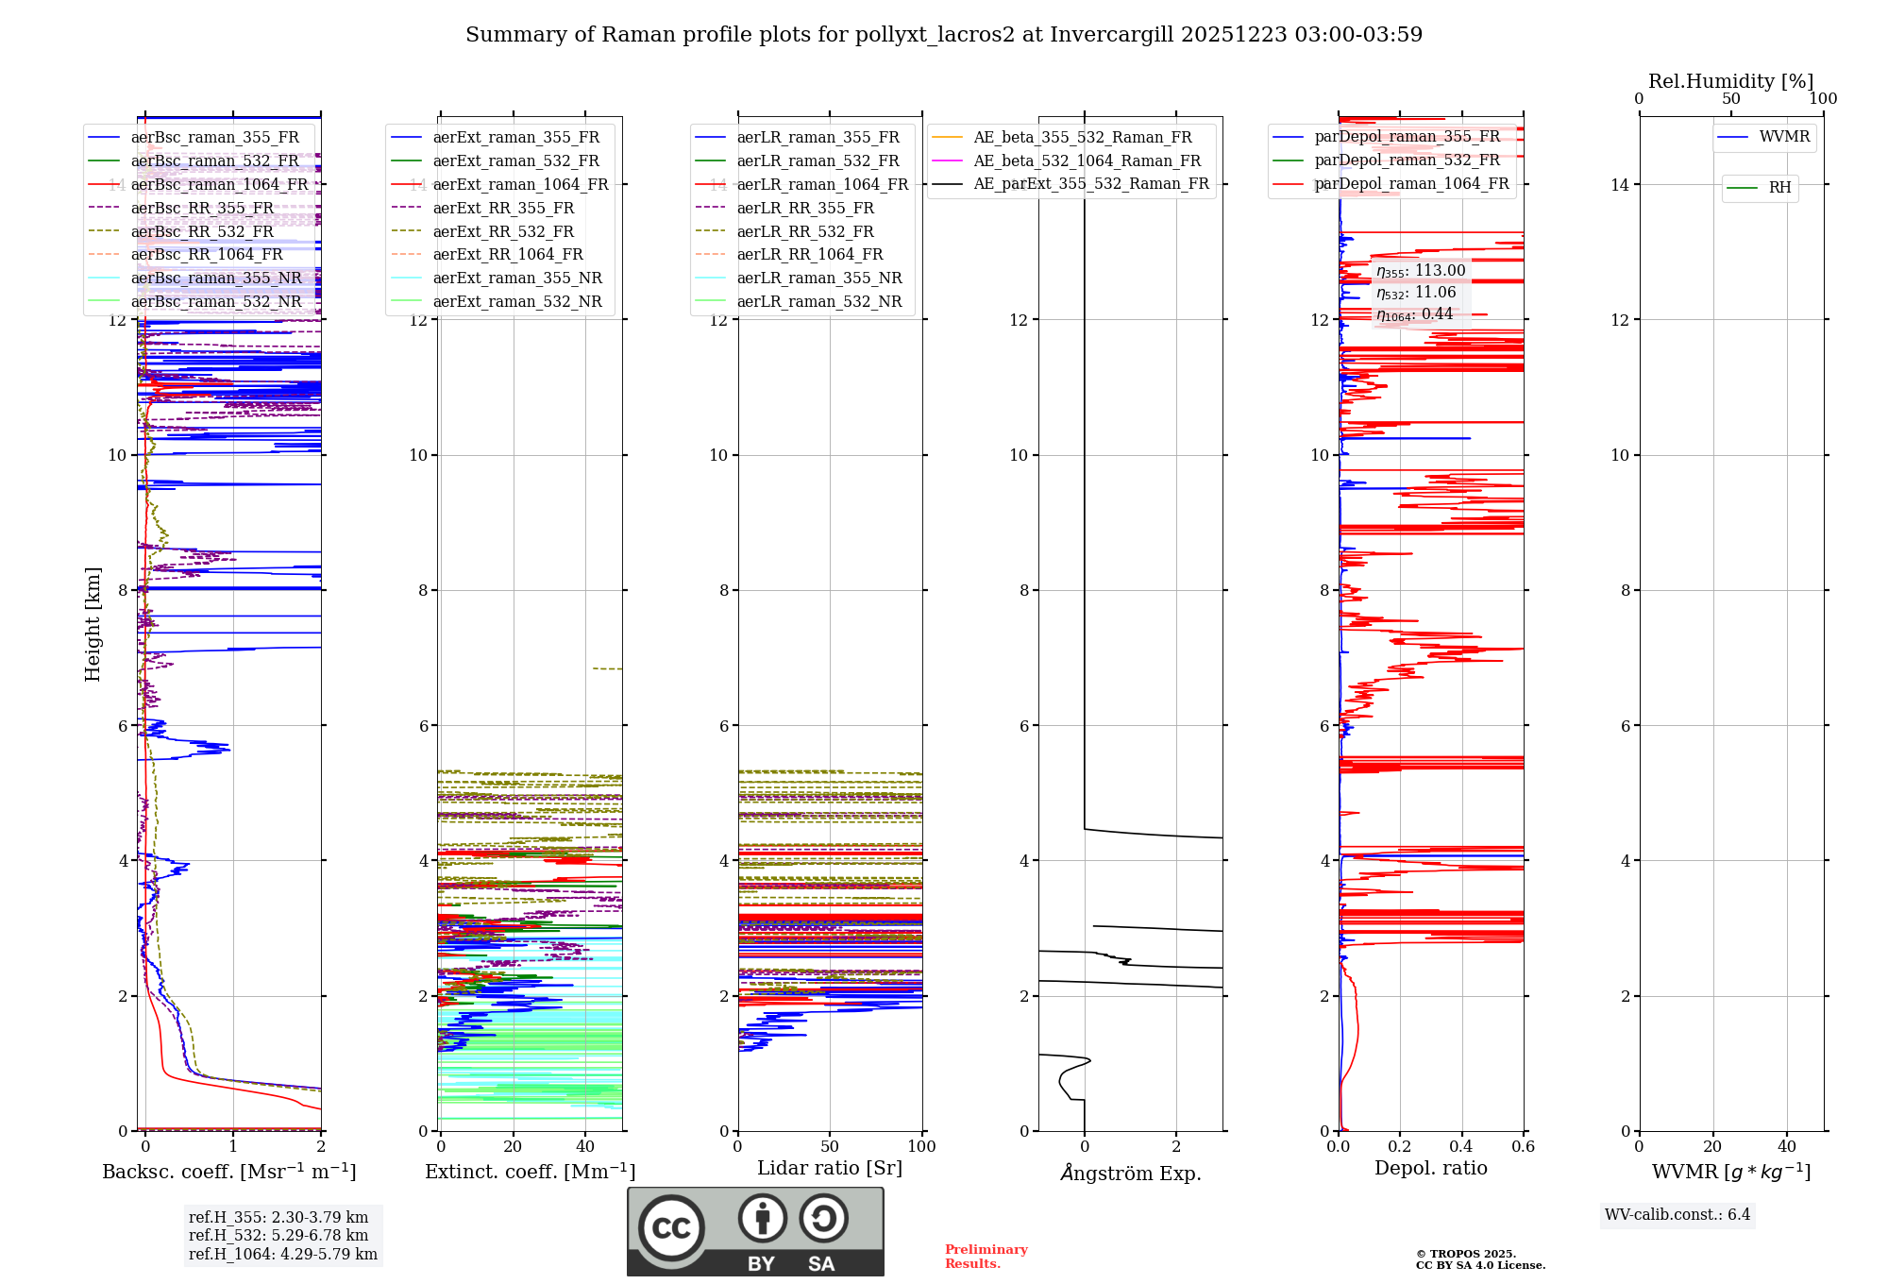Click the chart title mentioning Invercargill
tap(943, 35)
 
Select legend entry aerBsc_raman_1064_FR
tap(219, 184)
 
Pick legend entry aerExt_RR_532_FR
tap(502, 231)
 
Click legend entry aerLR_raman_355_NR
tap(818, 278)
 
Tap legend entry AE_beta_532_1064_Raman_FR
tap(1087, 160)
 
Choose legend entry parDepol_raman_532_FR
tap(1407, 160)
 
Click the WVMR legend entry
tap(1783, 137)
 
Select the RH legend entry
tap(1779, 188)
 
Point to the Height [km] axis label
tap(93, 623)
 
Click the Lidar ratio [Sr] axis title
tap(829, 1168)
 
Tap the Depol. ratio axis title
tap(1430, 1168)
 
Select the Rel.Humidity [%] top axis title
tap(1730, 81)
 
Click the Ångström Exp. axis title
tap(1130, 1173)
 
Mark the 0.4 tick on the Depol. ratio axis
tap(1461, 1146)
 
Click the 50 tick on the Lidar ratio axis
tap(829, 1146)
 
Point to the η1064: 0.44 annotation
tap(1414, 314)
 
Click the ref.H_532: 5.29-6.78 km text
tap(278, 1235)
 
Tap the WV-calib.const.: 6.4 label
tap(1677, 1214)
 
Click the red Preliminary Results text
tap(986, 1256)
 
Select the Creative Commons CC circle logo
tap(671, 1227)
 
